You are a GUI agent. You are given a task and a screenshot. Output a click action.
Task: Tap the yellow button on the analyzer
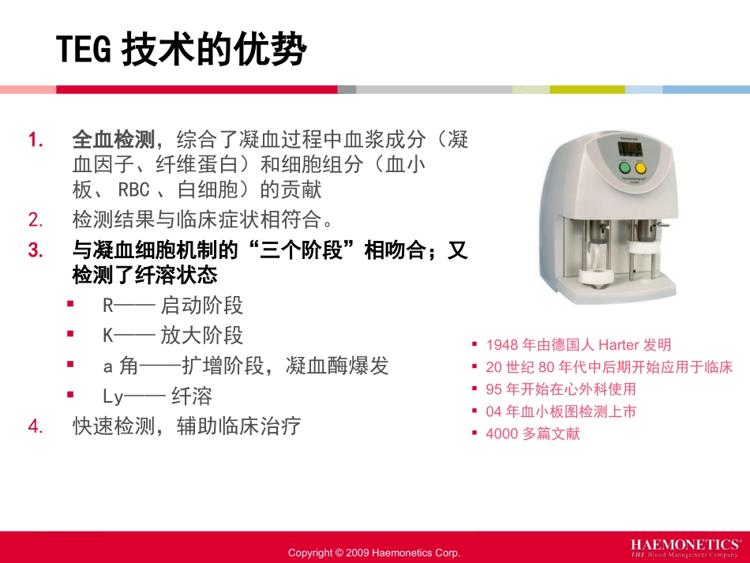coord(640,168)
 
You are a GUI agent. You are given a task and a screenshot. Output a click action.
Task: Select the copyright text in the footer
coord(374,553)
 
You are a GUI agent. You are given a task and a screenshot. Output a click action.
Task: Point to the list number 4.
coord(35,426)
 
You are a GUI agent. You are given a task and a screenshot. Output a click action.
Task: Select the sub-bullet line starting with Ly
coord(158,396)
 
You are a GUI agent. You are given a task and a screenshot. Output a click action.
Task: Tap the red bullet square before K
coord(70,334)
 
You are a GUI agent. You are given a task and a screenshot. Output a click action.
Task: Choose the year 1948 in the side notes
coord(502,345)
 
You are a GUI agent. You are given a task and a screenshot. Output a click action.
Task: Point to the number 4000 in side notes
coord(502,434)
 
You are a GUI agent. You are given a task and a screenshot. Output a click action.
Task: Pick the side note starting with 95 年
coord(561,389)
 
